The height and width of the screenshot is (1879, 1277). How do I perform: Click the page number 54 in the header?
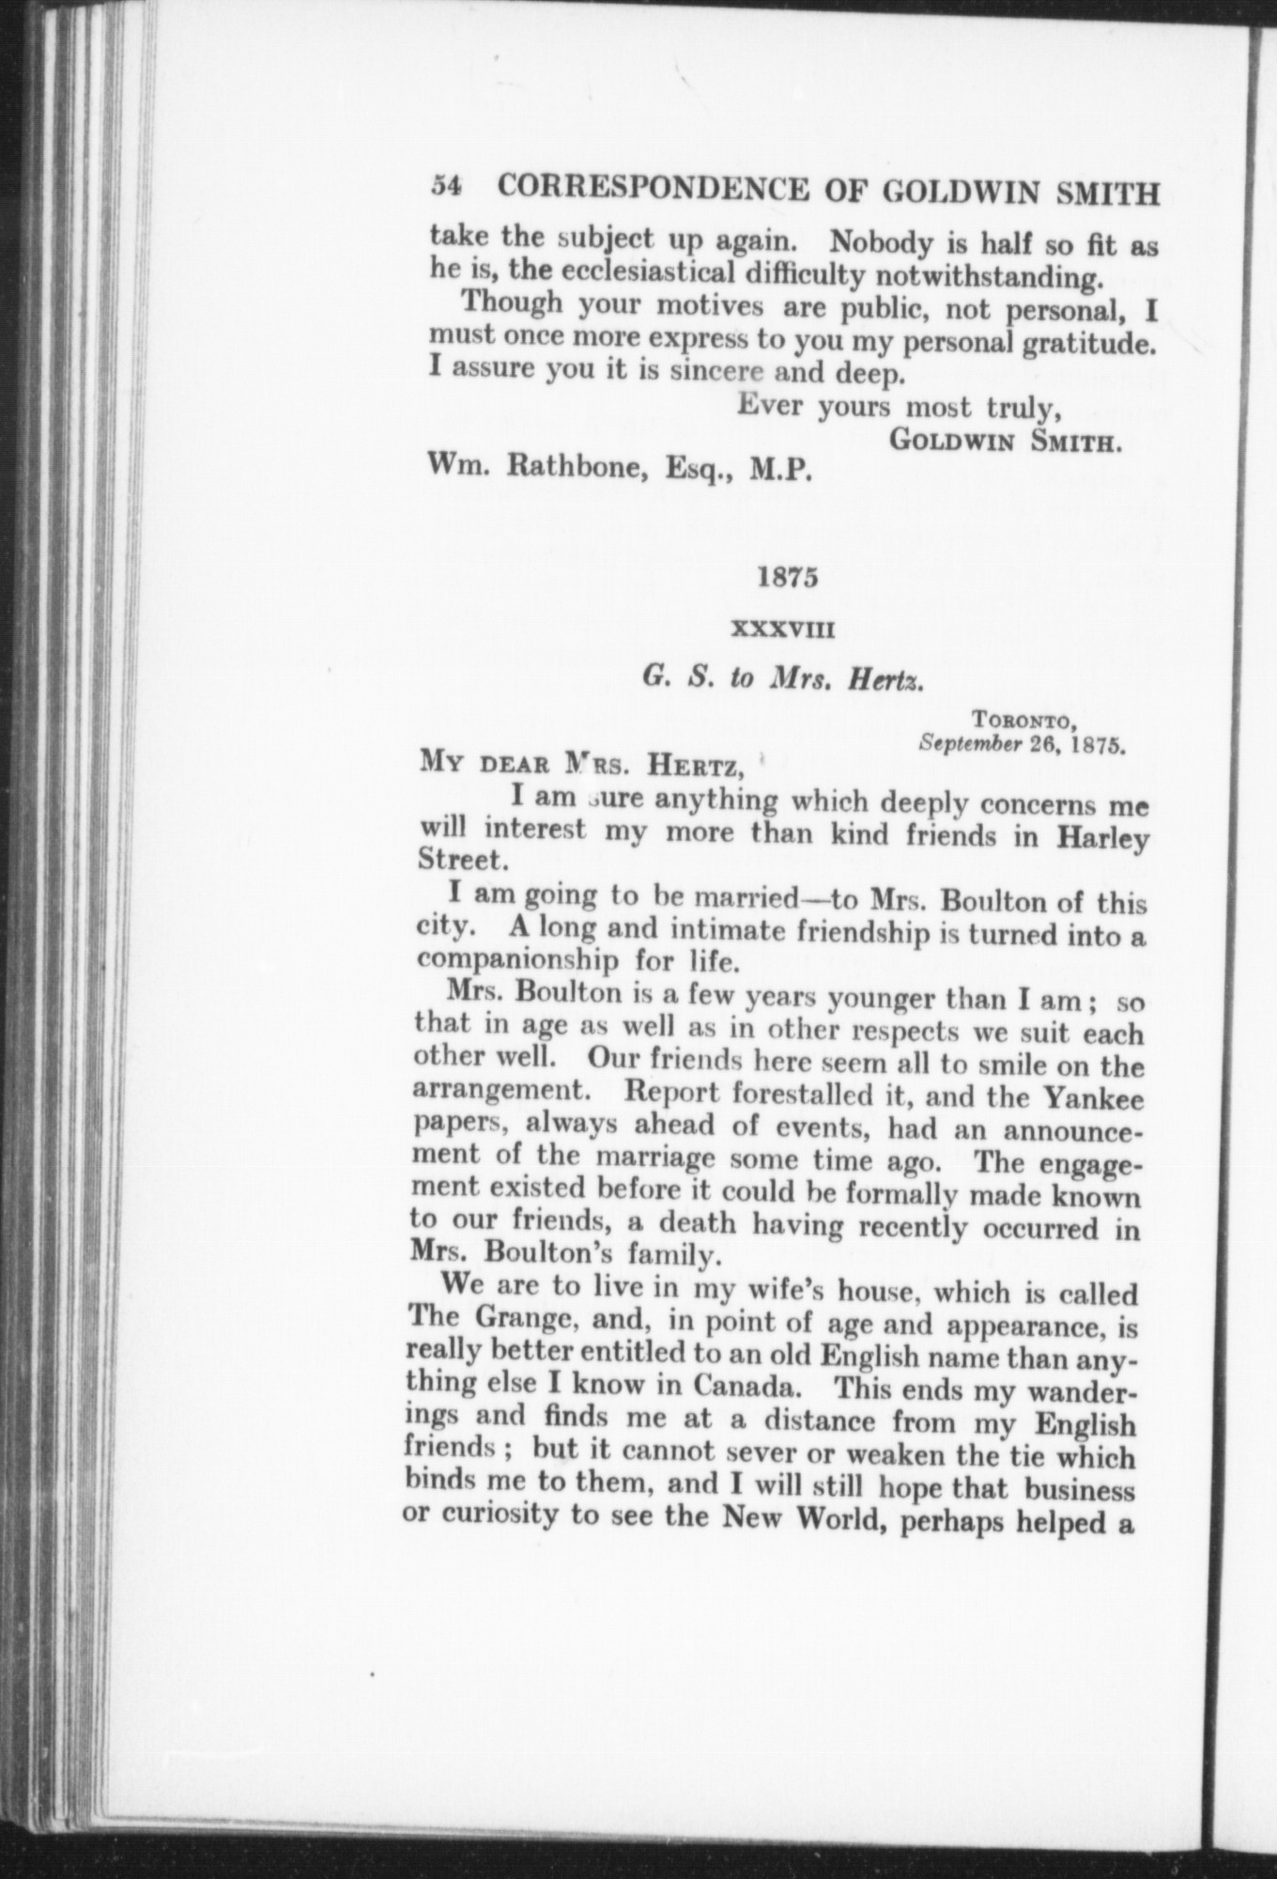tap(443, 186)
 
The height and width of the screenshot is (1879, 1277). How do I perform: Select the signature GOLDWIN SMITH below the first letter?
tap(1006, 441)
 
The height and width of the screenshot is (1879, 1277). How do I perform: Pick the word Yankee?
tap(1089, 1095)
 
